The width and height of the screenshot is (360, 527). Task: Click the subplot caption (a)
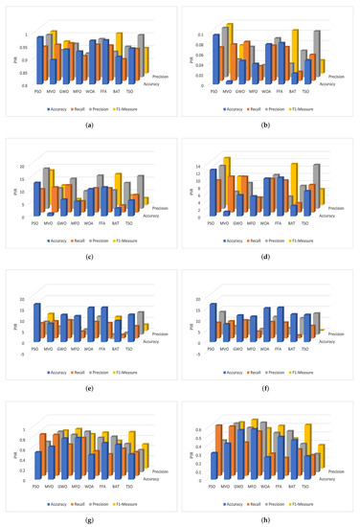[x=89, y=126]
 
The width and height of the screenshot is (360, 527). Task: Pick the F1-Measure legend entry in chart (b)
[x=324, y=109]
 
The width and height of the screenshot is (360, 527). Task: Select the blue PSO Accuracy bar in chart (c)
[x=37, y=197]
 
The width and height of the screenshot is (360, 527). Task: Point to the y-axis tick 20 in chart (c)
[x=27, y=165]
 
